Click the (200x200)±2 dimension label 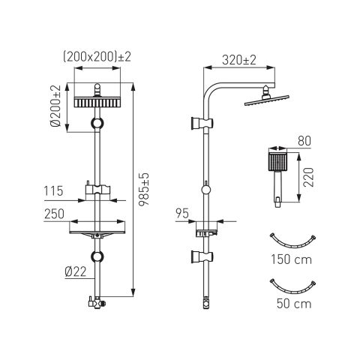(x=97, y=57)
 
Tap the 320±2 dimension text (x=239, y=60)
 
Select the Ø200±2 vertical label (x=55, y=106)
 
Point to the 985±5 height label (x=144, y=189)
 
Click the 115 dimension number (x=53, y=191)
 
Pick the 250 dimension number (x=54, y=214)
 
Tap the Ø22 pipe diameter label (x=76, y=271)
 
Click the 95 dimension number (x=181, y=214)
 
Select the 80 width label (x=304, y=141)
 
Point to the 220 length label (x=308, y=177)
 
